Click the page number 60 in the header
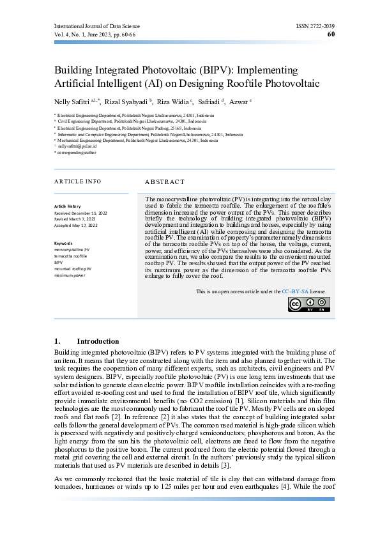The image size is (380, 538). click(x=330, y=35)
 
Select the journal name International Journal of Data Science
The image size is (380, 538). click(x=97, y=26)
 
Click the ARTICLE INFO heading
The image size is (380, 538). click(x=78, y=181)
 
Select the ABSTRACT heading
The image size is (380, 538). click(x=165, y=182)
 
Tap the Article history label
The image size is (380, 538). click(x=68, y=206)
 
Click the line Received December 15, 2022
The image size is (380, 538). click(x=80, y=212)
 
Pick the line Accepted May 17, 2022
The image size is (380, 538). click(x=76, y=225)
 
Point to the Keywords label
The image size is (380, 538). click(x=64, y=243)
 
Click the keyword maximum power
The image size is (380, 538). click(x=70, y=275)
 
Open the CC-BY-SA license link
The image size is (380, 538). click(x=295, y=291)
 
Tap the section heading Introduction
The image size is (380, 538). click(x=98, y=341)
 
